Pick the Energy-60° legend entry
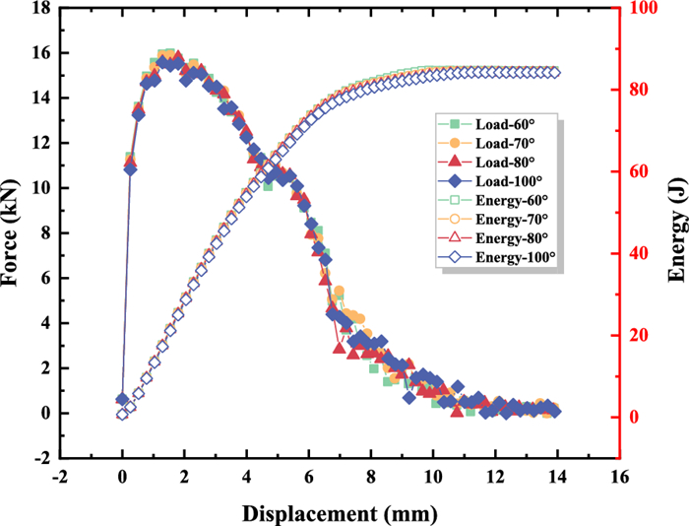496,199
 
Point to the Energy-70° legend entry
496,218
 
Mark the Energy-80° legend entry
496,236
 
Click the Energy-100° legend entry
496,255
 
